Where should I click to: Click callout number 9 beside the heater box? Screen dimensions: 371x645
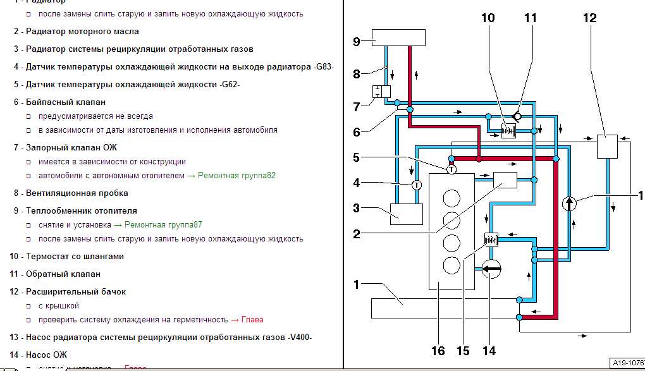pyautogui.click(x=357, y=41)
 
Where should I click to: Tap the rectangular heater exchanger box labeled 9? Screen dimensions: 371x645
pyautogui.click(x=391, y=37)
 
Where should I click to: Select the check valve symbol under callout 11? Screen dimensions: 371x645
pyautogui.click(x=517, y=116)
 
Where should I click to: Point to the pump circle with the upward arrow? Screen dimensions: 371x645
pyautogui.click(x=570, y=204)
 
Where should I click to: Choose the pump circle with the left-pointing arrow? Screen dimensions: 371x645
pyautogui.click(x=491, y=269)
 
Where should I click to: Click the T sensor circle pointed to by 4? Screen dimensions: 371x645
pyautogui.click(x=416, y=185)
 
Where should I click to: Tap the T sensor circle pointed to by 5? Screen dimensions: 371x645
pyautogui.click(x=451, y=169)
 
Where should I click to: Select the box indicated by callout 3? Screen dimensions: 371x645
pyautogui.click(x=407, y=214)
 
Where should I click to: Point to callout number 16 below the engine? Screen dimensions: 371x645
pyautogui.click(x=438, y=350)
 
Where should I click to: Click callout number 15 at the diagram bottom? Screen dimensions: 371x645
pyautogui.click(x=464, y=350)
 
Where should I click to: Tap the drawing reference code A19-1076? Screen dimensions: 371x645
pyautogui.click(x=626, y=363)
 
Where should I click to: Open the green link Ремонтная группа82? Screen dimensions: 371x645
pyautogui.click(x=236, y=176)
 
